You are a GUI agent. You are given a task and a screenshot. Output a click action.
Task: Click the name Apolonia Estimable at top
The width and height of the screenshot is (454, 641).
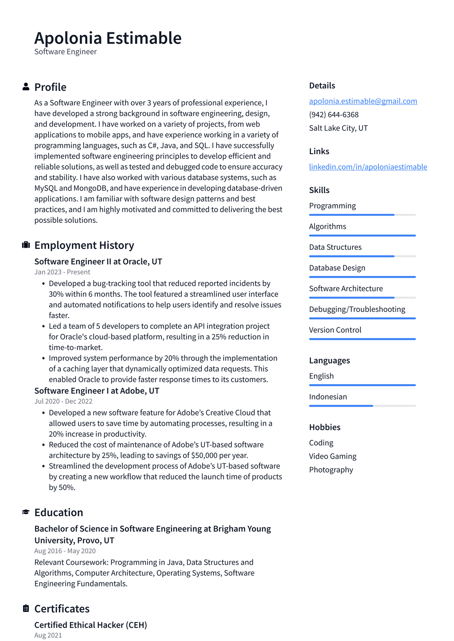(x=108, y=38)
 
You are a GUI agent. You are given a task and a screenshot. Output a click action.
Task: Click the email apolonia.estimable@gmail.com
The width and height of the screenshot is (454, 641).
(x=363, y=101)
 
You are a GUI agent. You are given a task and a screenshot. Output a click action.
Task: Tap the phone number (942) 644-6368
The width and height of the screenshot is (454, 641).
(x=333, y=114)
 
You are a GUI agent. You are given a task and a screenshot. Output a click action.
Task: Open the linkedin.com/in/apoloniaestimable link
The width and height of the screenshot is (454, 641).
(x=368, y=167)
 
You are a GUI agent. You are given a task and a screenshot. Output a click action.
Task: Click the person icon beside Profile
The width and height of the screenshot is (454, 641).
(x=26, y=87)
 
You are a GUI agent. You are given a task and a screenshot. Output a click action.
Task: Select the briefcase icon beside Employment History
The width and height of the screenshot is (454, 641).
(x=26, y=245)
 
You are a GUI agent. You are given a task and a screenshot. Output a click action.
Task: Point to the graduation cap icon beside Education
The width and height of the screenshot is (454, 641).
(x=26, y=512)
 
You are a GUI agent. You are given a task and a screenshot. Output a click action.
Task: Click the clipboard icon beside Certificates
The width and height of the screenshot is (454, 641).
(x=26, y=609)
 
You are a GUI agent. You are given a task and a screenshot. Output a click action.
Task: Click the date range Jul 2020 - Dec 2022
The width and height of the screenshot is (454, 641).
(x=63, y=401)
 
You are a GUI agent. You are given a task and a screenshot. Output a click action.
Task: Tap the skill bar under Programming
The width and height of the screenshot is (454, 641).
(x=362, y=215)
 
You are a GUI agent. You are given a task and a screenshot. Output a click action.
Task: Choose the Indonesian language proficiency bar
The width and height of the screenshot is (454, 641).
(x=362, y=406)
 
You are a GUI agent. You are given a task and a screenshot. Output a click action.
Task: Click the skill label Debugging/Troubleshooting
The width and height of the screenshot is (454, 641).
(x=357, y=309)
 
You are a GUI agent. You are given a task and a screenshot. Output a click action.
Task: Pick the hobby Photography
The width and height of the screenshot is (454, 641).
(x=331, y=470)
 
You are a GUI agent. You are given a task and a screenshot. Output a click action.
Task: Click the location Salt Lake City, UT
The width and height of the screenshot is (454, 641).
(x=338, y=128)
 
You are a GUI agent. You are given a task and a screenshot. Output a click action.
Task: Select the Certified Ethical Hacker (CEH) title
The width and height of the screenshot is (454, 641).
(x=90, y=625)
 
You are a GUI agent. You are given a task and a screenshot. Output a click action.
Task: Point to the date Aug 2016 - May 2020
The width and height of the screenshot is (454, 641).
(x=65, y=551)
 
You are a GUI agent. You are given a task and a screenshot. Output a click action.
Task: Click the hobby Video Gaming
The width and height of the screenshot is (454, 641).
(x=333, y=456)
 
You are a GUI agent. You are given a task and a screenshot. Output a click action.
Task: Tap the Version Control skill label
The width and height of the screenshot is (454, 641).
(x=335, y=330)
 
